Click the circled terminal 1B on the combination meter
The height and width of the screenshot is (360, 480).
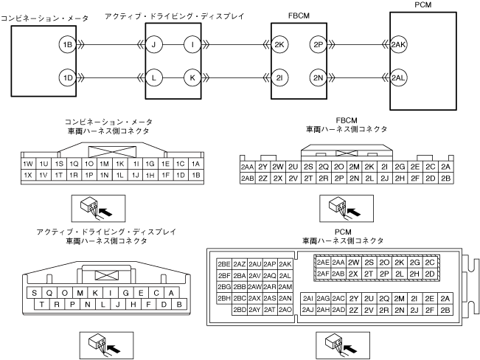[x=67, y=45]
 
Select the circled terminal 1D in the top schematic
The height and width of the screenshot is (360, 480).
[x=67, y=77]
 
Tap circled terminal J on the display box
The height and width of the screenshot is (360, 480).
[x=155, y=45]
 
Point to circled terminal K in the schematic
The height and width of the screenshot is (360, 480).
[x=191, y=77]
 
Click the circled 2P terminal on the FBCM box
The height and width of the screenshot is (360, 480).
[x=319, y=45]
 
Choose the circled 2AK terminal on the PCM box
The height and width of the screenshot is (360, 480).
[x=399, y=45]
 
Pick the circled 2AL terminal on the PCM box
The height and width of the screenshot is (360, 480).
[x=399, y=77]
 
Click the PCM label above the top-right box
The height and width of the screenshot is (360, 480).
[x=423, y=5]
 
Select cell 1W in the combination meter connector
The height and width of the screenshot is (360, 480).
[x=28, y=164]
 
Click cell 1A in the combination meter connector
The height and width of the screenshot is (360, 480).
[x=195, y=164]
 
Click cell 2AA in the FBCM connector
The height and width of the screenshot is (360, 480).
[x=248, y=167]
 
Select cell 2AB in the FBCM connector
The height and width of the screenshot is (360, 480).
[x=248, y=178]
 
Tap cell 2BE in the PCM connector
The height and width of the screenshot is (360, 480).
[x=224, y=264]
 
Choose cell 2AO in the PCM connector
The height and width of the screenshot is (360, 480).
[x=286, y=310]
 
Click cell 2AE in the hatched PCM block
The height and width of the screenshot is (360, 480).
[x=323, y=263]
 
